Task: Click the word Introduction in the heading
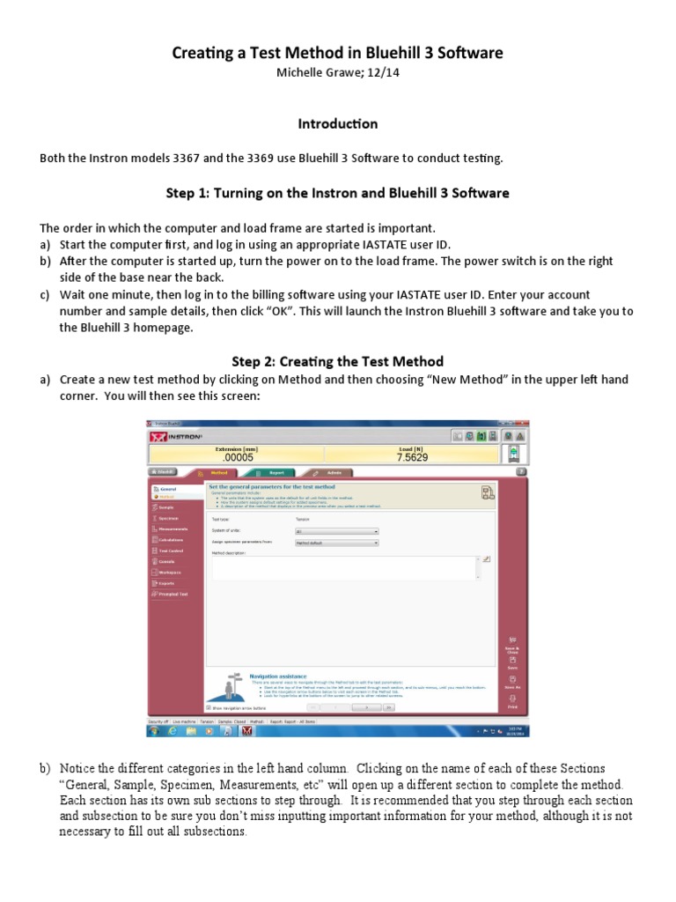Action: (x=337, y=124)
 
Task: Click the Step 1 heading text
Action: (x=337, y=193)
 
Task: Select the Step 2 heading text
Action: (x=337, y=361)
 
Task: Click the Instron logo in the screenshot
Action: (x=175, y=437)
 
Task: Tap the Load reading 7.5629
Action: (x=412, y=457)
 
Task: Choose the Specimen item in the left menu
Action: (x=166, y=518)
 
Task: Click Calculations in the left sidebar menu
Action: (x=171, y=539)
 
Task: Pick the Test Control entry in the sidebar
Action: (x=170, y=551)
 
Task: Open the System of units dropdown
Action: (x=336, y=531)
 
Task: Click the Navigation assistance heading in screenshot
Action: (x=279, y=676)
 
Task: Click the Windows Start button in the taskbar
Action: (x=153, y=730)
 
